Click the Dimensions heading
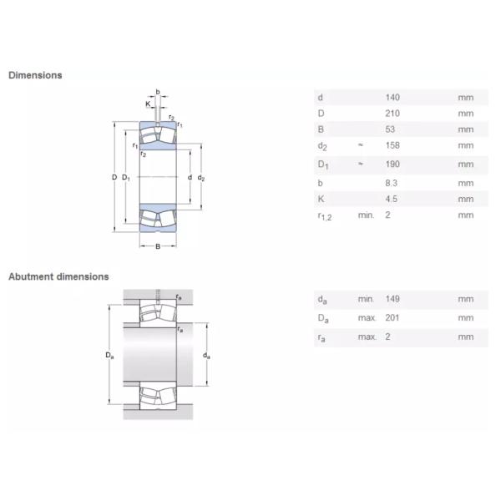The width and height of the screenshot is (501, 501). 35,75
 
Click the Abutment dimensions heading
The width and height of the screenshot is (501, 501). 58,276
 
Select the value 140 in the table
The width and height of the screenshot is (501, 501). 392,98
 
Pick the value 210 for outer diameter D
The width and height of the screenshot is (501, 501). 392,114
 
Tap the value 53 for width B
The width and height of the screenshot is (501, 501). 390,129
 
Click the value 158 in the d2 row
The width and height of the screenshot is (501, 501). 392,146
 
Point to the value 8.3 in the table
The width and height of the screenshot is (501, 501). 391,183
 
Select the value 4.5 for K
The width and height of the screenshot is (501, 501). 391,199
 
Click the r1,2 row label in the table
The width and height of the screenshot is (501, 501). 326,217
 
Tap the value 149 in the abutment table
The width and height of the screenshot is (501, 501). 392,299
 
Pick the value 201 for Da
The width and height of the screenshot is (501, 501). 392,318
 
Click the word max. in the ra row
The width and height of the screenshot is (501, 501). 367,337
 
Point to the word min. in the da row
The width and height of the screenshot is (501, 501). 367,299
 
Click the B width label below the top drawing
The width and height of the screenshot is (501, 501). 158,245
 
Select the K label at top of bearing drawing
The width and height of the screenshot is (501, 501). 148,104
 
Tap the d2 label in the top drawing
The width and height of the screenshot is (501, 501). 201,179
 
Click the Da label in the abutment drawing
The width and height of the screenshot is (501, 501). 109,356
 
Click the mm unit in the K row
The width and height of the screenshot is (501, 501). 465,199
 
